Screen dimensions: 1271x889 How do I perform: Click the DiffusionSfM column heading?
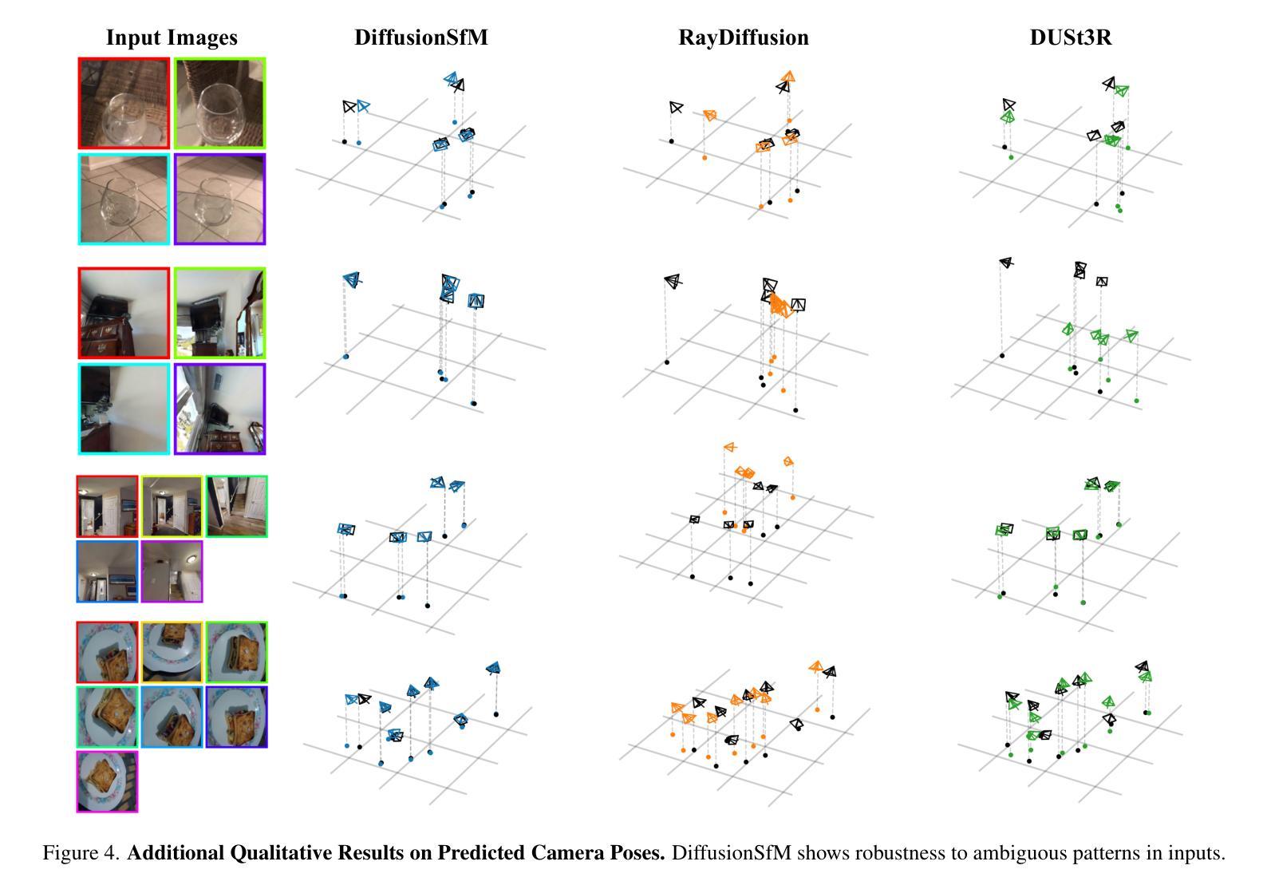[421, 38]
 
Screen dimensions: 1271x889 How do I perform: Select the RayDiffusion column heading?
[744, 38]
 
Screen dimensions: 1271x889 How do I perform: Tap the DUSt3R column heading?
[1070, 38]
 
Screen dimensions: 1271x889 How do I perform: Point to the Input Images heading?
[172, 38]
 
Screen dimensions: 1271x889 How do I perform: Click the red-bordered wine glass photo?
[124, 103]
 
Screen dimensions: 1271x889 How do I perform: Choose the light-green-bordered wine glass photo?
[219, 103]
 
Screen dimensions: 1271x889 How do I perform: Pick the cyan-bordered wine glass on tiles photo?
[124, 200]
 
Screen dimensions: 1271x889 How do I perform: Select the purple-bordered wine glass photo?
[219, 200]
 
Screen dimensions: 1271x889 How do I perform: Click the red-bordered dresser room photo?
[124, 313]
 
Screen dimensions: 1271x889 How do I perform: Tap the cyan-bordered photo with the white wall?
[124, 409]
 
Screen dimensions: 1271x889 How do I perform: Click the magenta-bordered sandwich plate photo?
[107, 782]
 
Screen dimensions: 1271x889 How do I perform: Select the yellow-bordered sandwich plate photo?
[172, 652]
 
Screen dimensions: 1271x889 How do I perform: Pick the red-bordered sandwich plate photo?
[107, 652]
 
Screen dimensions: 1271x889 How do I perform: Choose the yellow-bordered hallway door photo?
[172, 507]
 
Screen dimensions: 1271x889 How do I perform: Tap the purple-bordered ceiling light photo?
[172, 571]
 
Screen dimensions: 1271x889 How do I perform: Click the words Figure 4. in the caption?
[81, 852]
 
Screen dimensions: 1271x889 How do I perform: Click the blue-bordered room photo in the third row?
[107, 571]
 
